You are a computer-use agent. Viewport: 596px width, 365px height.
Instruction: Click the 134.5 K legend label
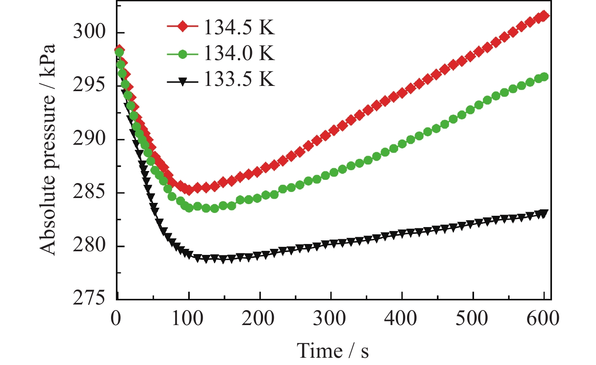(x=239, y=27)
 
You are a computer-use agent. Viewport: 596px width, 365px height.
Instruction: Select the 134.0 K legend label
(x=239, y=53)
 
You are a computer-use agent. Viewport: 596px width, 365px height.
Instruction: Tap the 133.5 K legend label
(x=239, y=79)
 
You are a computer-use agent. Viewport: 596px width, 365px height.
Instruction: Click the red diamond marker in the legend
(x=183, y=27)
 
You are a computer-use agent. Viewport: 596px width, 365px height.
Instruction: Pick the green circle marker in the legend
(x=183, y=54)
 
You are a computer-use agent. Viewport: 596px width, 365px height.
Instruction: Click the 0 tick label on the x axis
(x=116, y=319)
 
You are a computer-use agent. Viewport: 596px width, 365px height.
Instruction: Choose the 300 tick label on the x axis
(x=329, y=319)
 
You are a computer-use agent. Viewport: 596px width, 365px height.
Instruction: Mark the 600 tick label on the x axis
(x=543, y=319)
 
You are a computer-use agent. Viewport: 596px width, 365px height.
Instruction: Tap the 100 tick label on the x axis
(x=187, y=319)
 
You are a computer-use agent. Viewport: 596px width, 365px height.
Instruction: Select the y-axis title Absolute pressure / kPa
(x=48, y=149)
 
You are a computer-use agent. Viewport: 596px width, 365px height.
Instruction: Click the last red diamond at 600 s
(x=544, y=16)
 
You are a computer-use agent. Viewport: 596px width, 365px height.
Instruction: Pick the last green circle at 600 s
(x=544, y=77)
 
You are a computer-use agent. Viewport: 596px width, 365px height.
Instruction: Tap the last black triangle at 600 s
(x=544, y=214)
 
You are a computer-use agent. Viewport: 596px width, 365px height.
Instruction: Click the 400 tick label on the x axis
(x=401, y=319)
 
